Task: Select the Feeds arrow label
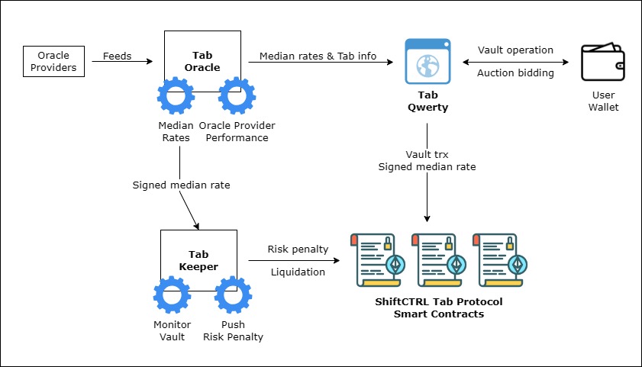118,56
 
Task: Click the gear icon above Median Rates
176,97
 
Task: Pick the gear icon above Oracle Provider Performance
237,97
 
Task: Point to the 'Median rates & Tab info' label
317,56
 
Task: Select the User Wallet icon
603,62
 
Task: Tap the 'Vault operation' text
515,50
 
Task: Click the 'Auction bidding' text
515,73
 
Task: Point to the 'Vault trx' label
427,154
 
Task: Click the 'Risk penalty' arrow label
297,249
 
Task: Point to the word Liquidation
297,272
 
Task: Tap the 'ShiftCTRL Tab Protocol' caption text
438,301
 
